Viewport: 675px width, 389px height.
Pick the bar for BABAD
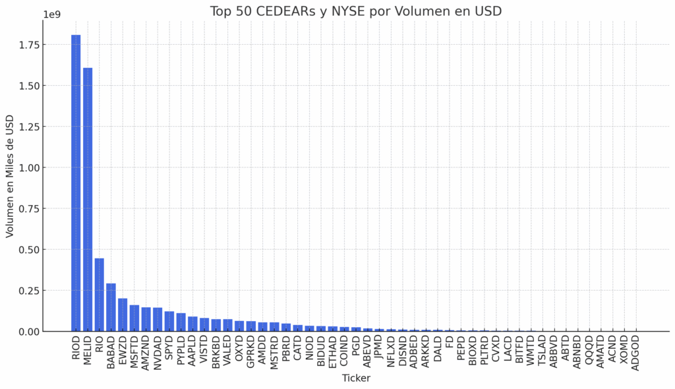[111, 307]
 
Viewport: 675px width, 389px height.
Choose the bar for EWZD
[123, 314]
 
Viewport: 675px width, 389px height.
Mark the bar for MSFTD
[134, 318]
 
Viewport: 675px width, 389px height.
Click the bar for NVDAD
[158, 319]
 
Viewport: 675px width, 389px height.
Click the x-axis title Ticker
[356, 378]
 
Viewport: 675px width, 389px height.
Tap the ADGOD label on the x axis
[635, 353]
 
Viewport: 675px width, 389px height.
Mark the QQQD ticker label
[589, 351]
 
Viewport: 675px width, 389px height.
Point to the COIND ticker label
[345, 351]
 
